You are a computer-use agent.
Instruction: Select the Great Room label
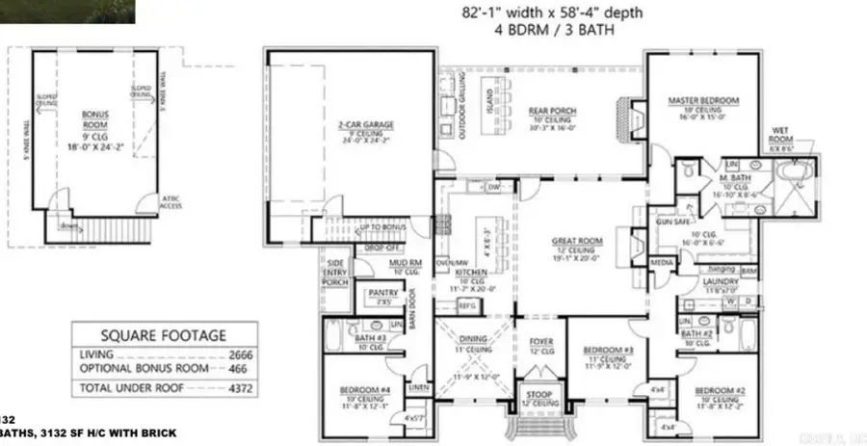click(577, 241)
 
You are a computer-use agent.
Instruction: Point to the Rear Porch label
click(553, 112)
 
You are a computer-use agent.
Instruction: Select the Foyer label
click(540, 341)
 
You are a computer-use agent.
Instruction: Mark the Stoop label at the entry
click(539, 394)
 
